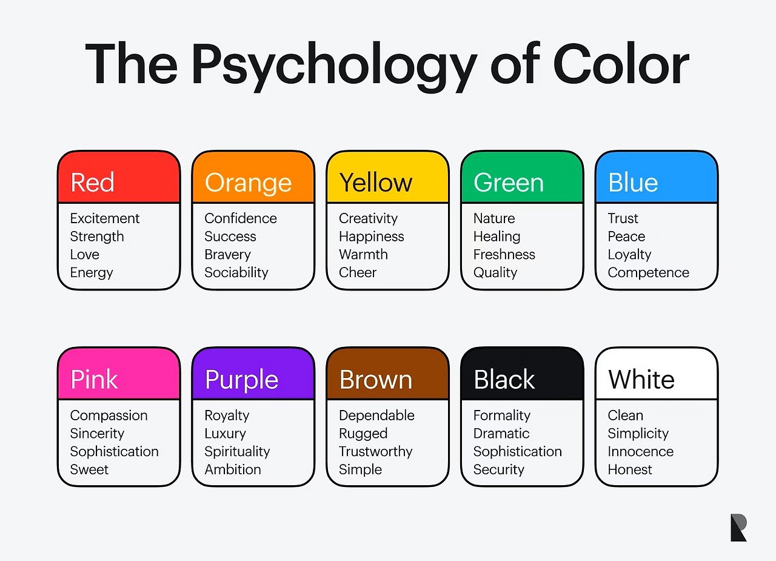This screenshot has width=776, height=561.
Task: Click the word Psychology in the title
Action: [x=335, y=67]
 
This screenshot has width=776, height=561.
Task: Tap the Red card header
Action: [x=119, y=177]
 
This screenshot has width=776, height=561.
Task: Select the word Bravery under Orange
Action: [x=227, y=255]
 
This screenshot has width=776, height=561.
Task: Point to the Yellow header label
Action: [x=376, y=183]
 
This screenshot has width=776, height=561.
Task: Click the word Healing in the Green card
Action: [x=497, y=237]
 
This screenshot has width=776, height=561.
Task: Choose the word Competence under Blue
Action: [x=649, y=273]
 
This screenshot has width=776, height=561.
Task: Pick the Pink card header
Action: [x=119, y=374]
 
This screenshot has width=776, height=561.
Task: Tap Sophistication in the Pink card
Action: [x=115, y=451]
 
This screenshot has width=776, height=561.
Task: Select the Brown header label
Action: [x=376, y=380]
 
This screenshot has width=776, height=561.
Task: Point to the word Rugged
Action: [x=363, y=434]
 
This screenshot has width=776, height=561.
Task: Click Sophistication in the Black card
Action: [x=518, y=451]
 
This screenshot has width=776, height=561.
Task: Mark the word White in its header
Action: [x=641, y=380]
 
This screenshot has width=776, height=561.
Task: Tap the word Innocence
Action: [x=641, y=451]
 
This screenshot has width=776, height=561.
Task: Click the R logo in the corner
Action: [x=738, y=528]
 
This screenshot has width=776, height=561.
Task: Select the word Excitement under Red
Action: [x=105, y=219]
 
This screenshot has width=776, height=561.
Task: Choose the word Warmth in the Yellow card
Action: [x=363, y=255]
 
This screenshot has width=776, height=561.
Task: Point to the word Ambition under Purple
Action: [x=233, y=469]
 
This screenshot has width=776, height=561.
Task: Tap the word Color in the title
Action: [x=621, y=64]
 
